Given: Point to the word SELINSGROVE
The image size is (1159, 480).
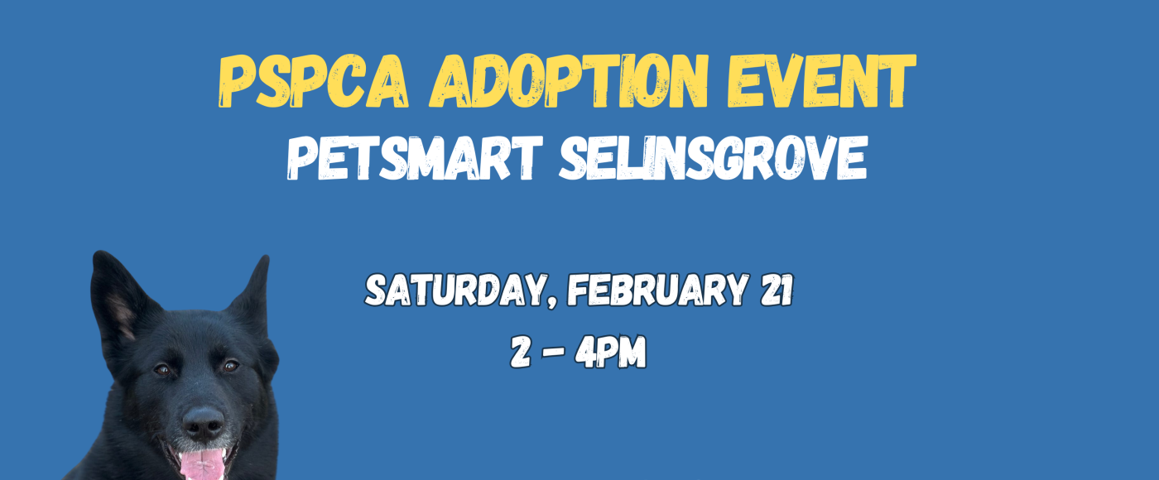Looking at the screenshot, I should pos(712,159).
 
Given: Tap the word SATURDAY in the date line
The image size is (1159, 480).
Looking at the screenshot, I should pos(454,290).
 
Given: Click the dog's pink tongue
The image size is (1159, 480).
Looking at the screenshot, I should pos(203,463).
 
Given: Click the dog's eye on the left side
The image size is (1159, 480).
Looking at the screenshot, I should pos(163,369).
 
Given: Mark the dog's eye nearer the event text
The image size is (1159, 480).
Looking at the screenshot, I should pos(229,365).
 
